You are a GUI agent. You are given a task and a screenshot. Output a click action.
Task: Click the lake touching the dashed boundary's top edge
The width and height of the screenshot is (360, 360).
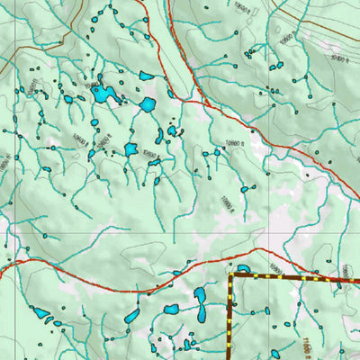[242, 268]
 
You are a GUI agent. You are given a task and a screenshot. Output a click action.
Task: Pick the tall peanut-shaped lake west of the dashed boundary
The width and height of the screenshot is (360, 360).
[202, 304]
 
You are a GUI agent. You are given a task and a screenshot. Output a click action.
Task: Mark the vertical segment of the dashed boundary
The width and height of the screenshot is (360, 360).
[230, 319]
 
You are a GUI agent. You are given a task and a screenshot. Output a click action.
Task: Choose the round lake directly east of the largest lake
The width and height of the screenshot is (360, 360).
[147, 105]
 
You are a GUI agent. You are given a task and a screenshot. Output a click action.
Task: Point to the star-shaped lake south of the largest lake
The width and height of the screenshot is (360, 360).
[130, 148]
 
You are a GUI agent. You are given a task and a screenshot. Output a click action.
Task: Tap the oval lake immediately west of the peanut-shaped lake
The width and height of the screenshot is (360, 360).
[171, 310]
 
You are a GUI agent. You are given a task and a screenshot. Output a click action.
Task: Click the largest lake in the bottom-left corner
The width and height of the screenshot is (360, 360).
[40, 313]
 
